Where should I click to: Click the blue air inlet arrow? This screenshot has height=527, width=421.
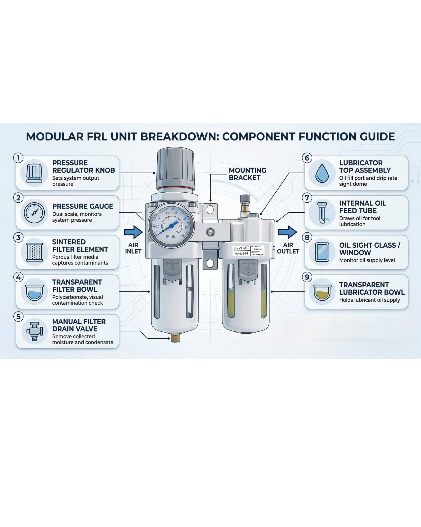pos(133,232)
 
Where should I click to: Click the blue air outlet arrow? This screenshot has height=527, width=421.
pos(288,232)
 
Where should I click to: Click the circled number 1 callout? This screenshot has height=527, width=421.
pos(18,158)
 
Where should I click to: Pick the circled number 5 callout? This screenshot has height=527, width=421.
pos(18,316)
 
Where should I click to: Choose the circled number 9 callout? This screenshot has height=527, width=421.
pos(307,277)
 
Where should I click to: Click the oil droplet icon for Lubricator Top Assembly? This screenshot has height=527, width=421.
pos(322,173)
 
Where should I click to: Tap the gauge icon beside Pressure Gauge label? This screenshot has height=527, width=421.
pos(34,213)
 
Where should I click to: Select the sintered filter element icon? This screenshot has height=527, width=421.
pos(34,252)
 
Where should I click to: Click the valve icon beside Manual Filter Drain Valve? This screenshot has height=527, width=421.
pos(34,331)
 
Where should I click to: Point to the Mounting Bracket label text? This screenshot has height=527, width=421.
pos(247,174)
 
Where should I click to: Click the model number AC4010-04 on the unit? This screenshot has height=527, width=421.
pos(241,253)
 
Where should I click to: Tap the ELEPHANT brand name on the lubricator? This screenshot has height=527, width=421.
pos(241,248)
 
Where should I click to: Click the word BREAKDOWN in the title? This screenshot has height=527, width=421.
pos(179,136)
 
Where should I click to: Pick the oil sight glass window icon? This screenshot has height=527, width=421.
pos(322,252)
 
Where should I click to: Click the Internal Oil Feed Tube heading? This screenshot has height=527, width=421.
pos(362,207)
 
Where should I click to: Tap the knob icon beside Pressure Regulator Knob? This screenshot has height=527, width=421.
pos(34,173)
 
